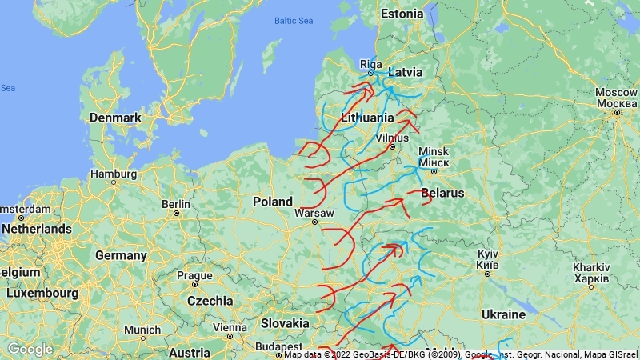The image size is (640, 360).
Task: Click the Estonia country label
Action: click(402, 14)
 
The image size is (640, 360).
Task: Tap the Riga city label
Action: click(371, 64)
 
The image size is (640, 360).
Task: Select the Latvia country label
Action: click(405, 72)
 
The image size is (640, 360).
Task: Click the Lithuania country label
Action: click(367, 117)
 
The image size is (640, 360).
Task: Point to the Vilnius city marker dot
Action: click(392, 146)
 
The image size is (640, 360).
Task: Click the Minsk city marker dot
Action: click(434, 171)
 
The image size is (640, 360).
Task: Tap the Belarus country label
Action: click(442, 194)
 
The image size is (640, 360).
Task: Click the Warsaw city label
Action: click(314, 213)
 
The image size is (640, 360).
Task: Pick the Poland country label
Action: click(273, 202)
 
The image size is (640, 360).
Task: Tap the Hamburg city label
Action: click(114, 173)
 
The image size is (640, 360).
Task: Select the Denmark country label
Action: click(115, 118)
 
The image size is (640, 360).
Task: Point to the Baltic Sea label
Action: click(294, 21)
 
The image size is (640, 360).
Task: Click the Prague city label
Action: click(195, 276)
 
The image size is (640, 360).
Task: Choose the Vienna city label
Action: click(230, 327)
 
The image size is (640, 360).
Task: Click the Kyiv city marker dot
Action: click(487, 274)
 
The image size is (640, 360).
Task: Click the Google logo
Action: click(30, 349)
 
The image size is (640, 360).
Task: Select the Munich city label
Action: click(142, 330)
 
